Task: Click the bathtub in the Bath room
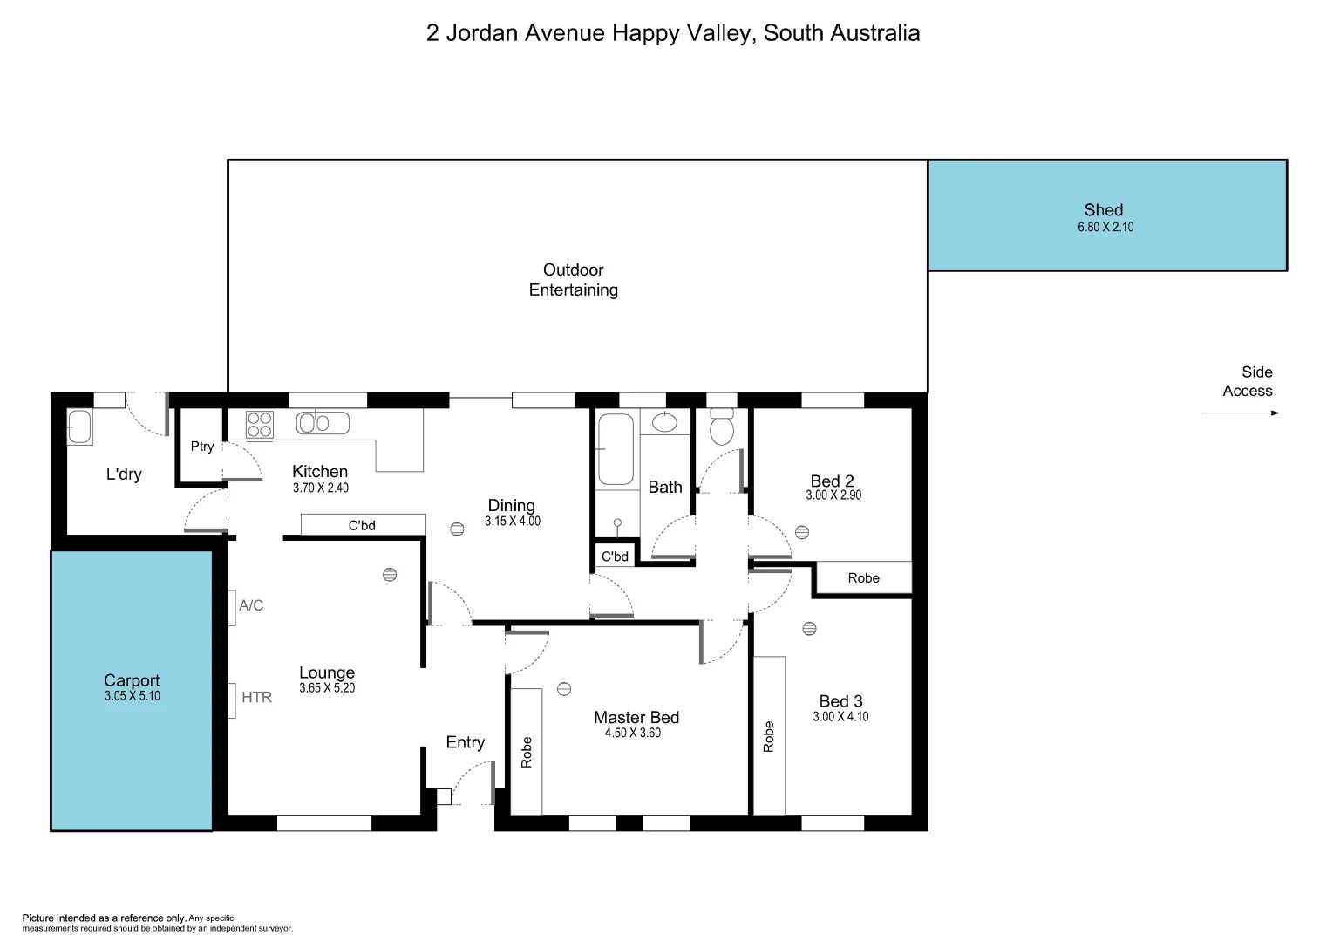tap(616, 448)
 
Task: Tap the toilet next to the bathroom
tap(721, 428)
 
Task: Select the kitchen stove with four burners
tap(260, 425)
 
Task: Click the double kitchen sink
tap(322, 423)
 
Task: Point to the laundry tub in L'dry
tap(79, 427)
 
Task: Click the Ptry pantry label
tap(202, 447)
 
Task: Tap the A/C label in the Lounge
tap(251, 605)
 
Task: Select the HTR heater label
tap(256, 697)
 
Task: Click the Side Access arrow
tap(1239, 413)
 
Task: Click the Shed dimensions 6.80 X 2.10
tap(1105, 227)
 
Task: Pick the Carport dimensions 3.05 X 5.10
tap(133, 696)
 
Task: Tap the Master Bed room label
tap(636, 717)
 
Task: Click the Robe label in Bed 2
tap(863, 578)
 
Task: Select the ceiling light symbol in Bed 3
tap(809, 628)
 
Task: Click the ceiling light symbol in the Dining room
tap(458, 529)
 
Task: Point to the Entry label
tap(465, 742)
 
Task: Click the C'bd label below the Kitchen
tap(362, 525)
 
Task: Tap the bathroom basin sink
tap(664, 423)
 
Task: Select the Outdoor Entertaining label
tap(574, 280)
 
